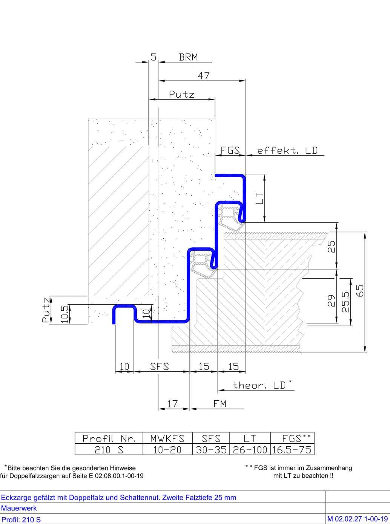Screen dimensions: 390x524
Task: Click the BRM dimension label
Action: coord(188,57)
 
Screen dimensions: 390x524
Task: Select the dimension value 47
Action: coord(204,76)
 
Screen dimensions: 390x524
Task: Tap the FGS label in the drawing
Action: coord(230,150)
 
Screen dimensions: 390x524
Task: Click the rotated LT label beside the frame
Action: coord(259,198)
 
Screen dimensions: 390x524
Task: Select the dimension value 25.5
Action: coord(345,302)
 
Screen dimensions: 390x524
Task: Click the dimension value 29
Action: coord(332,300)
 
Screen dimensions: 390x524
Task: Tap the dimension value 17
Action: coord(172,404)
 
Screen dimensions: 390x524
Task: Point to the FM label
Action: coord(220,404)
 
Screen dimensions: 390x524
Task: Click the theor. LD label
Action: coord(262,385)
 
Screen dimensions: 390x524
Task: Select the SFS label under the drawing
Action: coord(160,366)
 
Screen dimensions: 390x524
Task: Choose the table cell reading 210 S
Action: coord(109,450)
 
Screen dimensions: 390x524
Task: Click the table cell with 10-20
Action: coord(167,450)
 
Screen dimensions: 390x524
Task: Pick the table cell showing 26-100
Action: coord(250,450)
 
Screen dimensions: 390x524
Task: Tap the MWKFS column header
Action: coord(167,438)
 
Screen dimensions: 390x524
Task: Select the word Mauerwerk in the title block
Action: coord(19,508)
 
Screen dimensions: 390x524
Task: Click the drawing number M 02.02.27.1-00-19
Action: coord(358,519)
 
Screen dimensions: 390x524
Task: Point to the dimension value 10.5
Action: coord(64,314)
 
